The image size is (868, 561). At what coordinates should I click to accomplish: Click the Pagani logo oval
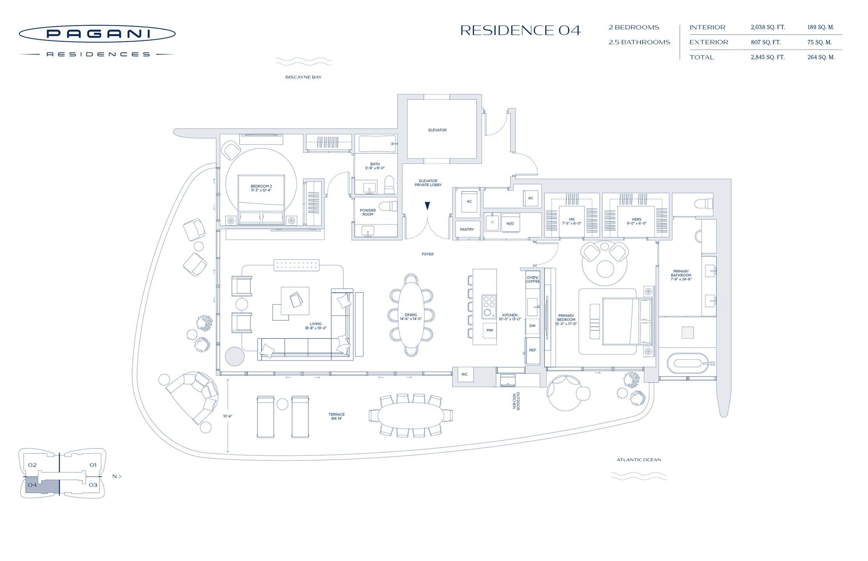[x=97, y=34]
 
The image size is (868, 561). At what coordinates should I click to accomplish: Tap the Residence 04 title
[x=520, y=30]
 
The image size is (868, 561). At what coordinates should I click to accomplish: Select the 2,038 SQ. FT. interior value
[x=767, y=27]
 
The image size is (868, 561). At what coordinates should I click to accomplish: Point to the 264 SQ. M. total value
[x=820, y=57]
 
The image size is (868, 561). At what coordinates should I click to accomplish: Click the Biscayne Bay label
[x=303, y=77]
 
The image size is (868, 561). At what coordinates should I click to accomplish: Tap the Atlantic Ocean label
[x=639, y=460]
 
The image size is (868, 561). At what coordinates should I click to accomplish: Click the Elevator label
[x=437, y=130]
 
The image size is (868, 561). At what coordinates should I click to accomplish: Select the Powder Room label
[x=368, y=212]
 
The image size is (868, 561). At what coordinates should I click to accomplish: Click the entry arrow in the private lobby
[x=427, y=206]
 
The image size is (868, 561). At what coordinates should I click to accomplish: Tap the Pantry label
[x=467, y=229]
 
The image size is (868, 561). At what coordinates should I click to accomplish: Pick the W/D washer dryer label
[x=510, y=224]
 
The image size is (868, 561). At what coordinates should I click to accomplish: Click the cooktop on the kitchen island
[x=489, y=306]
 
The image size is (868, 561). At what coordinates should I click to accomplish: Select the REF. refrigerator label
[x=532, y=350]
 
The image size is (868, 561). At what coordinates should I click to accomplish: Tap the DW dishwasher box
[x=532, y=326]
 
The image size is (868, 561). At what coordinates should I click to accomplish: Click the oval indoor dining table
[x=411, y=315]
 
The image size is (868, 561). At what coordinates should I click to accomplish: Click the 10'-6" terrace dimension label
[x=227, y=416]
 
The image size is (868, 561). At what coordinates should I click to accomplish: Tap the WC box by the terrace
[x=464, y=374]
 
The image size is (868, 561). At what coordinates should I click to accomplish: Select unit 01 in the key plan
[x=93, y=465]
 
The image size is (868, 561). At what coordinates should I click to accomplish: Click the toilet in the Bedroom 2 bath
[x=389, y=185]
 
